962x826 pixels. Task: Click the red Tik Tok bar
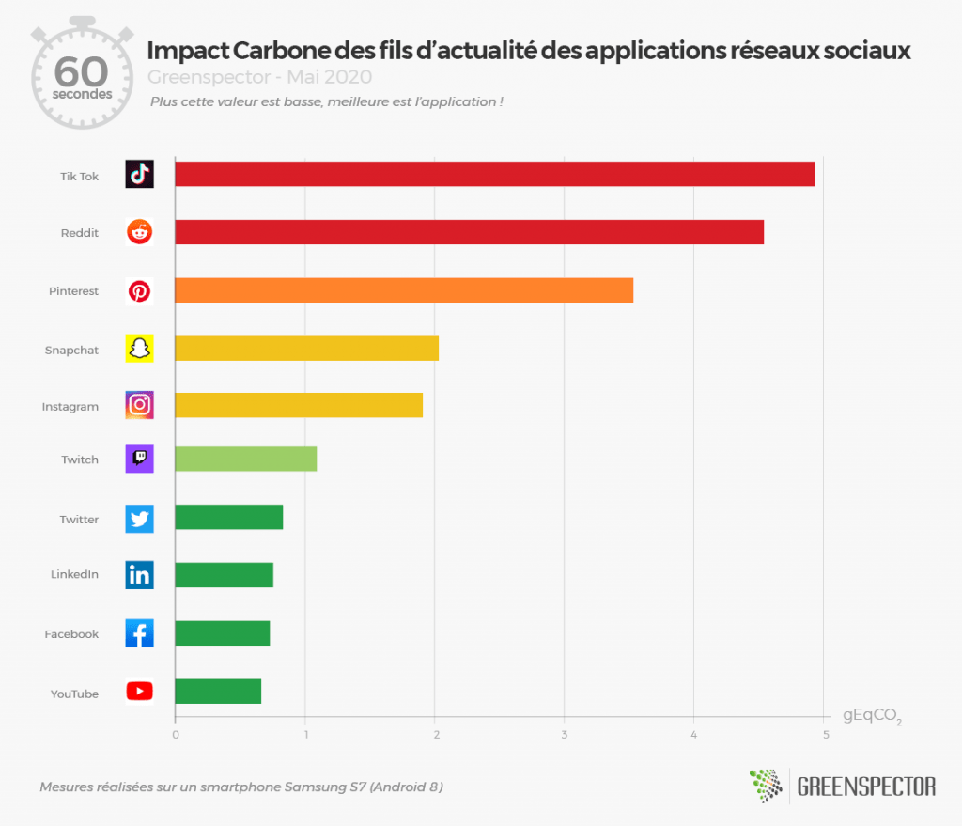coord(494,174)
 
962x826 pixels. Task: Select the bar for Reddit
coord(469,232)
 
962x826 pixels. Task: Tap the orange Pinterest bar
coord(404,290)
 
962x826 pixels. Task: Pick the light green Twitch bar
coord(245,460)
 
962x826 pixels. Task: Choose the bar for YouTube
coord(218,692)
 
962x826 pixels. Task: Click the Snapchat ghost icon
coord(139,349)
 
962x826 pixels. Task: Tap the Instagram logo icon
coord(139,405)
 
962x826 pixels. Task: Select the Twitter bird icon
coord(139,519)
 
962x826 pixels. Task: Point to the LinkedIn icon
coord(139,575)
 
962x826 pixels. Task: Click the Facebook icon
coord(139,633)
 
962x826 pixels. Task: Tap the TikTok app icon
coord(139,174)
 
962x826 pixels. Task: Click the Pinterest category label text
coord(73,291)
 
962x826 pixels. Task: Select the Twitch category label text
coord(80,460)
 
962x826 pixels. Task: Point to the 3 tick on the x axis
coord(565,734)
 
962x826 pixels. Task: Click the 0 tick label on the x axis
coord(175,734)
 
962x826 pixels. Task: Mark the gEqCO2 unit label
coord(871,717)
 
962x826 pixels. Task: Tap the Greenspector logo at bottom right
coord(843,786)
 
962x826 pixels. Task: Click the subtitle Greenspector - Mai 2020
coord(259,76)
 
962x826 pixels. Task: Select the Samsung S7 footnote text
coord(240,787)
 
